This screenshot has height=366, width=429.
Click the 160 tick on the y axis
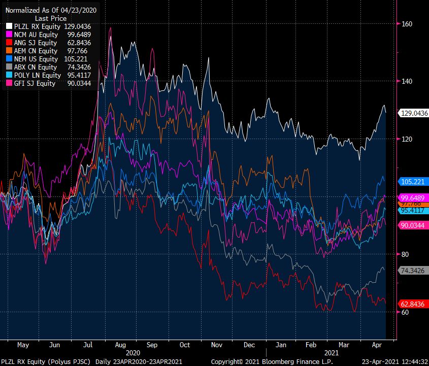coord(407,24)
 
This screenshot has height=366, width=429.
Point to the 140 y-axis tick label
coord(407,81)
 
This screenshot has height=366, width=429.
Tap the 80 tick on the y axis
coord(405,254)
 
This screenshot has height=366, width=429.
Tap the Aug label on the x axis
coord(121,345)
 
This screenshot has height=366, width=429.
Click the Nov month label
coord(217,345)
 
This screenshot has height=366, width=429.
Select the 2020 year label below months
coord(133,352)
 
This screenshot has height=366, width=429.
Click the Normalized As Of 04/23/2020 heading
coord(51,10)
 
